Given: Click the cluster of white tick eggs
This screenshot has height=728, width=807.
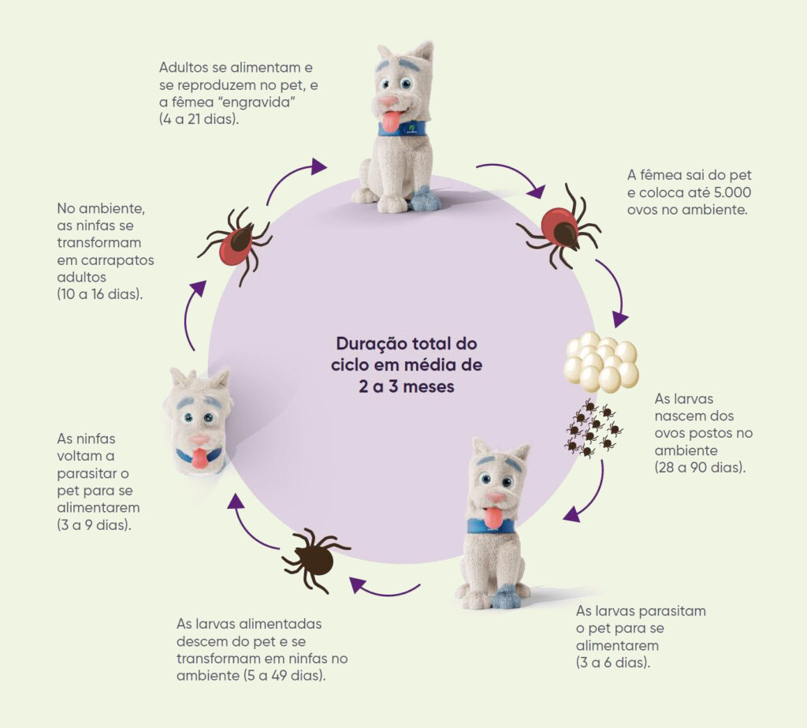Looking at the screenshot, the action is pos(601,362).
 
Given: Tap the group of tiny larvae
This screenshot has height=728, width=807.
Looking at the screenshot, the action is pos(594,427).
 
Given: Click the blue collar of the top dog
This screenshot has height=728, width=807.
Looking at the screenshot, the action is pos(403,129).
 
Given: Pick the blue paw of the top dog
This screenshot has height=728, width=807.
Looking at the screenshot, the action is pos(424,200).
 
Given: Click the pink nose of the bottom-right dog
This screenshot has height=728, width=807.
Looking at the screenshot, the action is pos(495,498).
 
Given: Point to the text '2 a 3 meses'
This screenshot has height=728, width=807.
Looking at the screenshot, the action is pos(407,386).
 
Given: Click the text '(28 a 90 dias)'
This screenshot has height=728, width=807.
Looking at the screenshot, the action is pos(700,468).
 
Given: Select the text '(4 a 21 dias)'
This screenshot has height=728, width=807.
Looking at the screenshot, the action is pos(199,120).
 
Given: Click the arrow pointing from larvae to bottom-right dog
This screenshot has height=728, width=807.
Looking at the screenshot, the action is pos(592,495).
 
